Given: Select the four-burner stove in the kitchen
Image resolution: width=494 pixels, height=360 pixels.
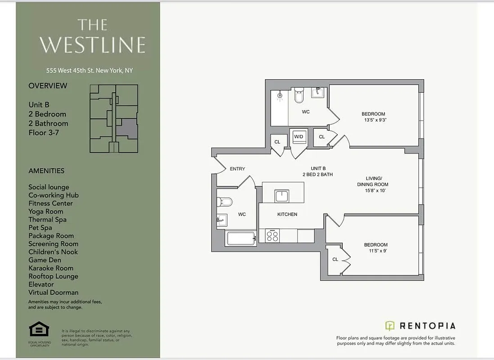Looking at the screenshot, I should [x=272, y=236].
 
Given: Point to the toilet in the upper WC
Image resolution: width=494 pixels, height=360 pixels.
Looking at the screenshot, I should [x=299, y=96].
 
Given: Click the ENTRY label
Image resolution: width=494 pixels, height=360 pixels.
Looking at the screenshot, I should [x=237, y=169].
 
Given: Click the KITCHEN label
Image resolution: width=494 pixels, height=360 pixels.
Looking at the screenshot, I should [x=287, y=214].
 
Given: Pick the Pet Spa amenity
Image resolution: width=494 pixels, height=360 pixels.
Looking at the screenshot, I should [x=40, y=228].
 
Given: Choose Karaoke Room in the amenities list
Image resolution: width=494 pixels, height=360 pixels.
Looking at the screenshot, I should [x=50, y=268].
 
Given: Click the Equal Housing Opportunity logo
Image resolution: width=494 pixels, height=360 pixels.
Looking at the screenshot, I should [x=39, y=329].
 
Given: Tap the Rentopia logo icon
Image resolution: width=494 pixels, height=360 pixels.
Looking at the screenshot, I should [x=390, y=326].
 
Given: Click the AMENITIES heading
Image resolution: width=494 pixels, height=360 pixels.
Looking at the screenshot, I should [x=46, y=171].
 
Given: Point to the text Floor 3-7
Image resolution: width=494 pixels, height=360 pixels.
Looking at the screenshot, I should [x=44, y=133].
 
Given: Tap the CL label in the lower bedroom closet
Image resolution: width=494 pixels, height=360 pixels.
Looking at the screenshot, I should [x=335, y=259].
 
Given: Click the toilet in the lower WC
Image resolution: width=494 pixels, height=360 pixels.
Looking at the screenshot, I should [x=225, y=202].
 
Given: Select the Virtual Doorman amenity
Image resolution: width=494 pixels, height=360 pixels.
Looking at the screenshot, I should [x=53, y=292].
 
